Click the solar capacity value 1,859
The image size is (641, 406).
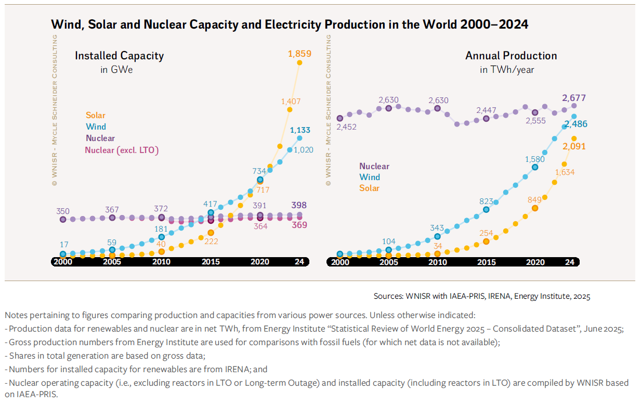point(299,53)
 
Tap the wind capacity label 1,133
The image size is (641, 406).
point(300,130)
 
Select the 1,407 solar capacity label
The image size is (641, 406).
point(291,102)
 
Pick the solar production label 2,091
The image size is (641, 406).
point(573,147)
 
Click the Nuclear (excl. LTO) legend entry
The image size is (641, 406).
point(122,150)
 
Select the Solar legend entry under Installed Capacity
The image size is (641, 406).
point(96,116)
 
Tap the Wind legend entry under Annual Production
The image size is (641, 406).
point(369,177)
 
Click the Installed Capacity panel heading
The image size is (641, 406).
point(119,56)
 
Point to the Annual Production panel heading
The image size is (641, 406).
point(511,56)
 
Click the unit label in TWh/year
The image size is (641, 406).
point(507,69)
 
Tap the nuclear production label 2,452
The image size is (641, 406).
point(347,127)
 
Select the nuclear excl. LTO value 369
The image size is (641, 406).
point(299,225)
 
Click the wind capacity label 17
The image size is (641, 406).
point(63,245)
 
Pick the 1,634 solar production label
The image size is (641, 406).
point(565,172)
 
